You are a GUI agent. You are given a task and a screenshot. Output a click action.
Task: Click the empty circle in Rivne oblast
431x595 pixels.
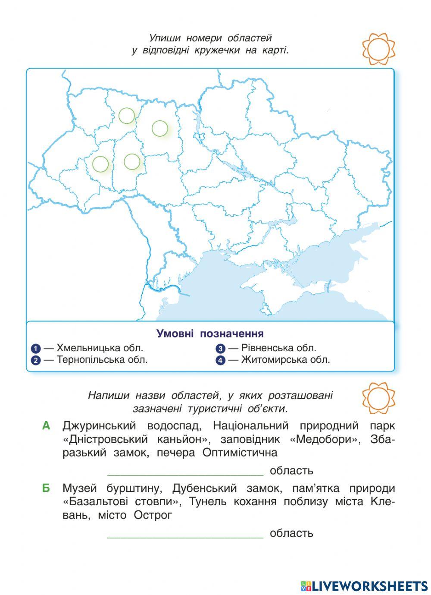coord(126,115)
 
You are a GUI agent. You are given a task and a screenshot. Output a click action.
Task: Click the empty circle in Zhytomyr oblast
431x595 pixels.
coord(159,128)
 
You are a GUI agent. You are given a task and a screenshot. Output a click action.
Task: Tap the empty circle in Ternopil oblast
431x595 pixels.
coord(100,164)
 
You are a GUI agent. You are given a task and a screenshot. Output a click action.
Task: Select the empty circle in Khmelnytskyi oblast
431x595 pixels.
coord(132,161)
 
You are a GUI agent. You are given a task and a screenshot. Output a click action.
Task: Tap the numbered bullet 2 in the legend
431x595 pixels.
coord(36,360)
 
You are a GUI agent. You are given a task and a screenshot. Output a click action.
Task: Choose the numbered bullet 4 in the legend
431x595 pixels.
coord(221,360)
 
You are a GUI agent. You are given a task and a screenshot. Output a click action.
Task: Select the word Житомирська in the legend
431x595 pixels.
coord(269,359)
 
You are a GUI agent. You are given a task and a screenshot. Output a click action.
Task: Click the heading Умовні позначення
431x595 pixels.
coord(210,334)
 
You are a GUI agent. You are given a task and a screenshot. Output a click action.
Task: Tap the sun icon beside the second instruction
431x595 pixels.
coord(378,399)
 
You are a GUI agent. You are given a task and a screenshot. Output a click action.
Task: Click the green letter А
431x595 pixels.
coord(47,426)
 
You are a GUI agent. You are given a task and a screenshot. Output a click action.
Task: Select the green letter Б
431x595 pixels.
coord(46,488)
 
